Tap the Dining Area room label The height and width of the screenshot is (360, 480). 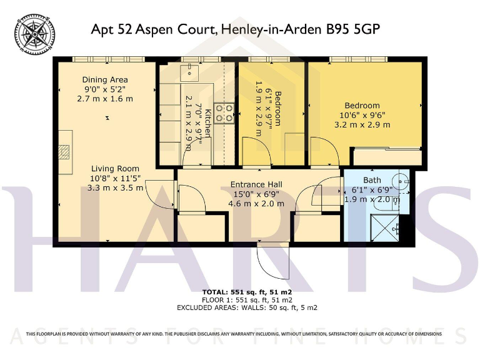[x=105, y=80]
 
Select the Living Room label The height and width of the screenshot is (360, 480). [x=115, y=169]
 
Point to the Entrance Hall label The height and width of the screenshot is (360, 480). [x=256, y=184]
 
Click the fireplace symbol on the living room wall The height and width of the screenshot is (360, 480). [x=64, y=152]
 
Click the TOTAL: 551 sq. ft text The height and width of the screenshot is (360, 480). [x=247, y=292]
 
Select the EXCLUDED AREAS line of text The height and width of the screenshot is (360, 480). [x=247, y=307]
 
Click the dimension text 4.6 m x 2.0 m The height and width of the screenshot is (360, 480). [x=256, y=203]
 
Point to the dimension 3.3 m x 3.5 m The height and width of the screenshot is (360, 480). [x=115, y=187]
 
